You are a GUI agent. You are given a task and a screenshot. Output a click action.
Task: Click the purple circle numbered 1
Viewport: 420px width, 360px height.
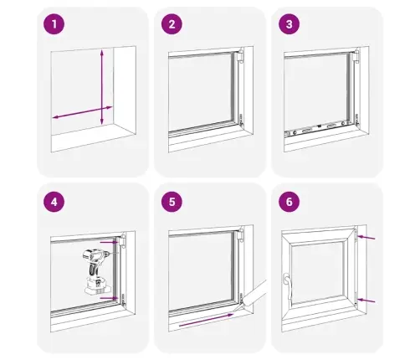pyautogui.click(x=54, y=24)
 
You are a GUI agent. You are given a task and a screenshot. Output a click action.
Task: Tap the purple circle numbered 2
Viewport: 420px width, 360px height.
pyautogui.click(x=172, y=24)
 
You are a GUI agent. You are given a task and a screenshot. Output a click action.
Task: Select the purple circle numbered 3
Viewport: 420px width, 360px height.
pyautogui.click(x=289, y=24)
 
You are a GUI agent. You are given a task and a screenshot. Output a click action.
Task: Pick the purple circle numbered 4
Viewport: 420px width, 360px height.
pyautogui.click(x=54, y=202)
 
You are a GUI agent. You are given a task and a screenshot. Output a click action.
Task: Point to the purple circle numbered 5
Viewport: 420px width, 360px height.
pyautogui.click(x=172, y=202)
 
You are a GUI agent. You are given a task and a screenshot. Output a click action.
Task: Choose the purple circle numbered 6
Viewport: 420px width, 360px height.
pyautogui.click(x=289, y=202)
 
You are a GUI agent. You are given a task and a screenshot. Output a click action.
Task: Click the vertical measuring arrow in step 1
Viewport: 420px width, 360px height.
pyautogui.click(x=102, y=87)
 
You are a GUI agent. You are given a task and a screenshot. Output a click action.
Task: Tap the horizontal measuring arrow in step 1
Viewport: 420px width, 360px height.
pyautogui.click(x=83, y=112)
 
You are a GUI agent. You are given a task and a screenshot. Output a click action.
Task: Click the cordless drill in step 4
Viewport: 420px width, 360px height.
pyautogui.click(x=97, y=271)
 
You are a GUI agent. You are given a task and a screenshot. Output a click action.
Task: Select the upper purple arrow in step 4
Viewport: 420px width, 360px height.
pyautogui.click(x=110, y=243)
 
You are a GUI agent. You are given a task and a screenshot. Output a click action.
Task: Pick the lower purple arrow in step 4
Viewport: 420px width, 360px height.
pyautogui.click(x=110, y=298)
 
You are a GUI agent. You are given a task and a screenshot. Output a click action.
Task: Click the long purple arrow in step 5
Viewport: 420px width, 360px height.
pyautogui.click(x=206, y=320)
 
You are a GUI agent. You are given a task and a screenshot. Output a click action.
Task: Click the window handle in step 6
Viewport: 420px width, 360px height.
pyautogui.click(x=288, y=287)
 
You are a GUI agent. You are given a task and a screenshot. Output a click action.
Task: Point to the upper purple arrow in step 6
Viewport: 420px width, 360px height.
pyautogui.click(x=366, y=238)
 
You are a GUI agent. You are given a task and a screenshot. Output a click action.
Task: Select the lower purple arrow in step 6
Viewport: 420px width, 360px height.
pyautogui.click(x=366, y=301)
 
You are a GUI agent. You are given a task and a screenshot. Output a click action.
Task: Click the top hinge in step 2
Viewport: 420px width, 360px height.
pyautogui.click(x=239, y=57)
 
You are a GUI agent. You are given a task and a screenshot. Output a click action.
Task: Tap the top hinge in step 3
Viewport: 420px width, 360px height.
pyautogui.click(x=356, y=57)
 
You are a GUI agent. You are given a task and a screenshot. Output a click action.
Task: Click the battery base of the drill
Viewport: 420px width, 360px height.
pyautogui.click(x=98, y=287)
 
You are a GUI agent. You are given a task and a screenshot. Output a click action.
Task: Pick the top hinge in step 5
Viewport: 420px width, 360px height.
pyautogui.click(x=239, y=235)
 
